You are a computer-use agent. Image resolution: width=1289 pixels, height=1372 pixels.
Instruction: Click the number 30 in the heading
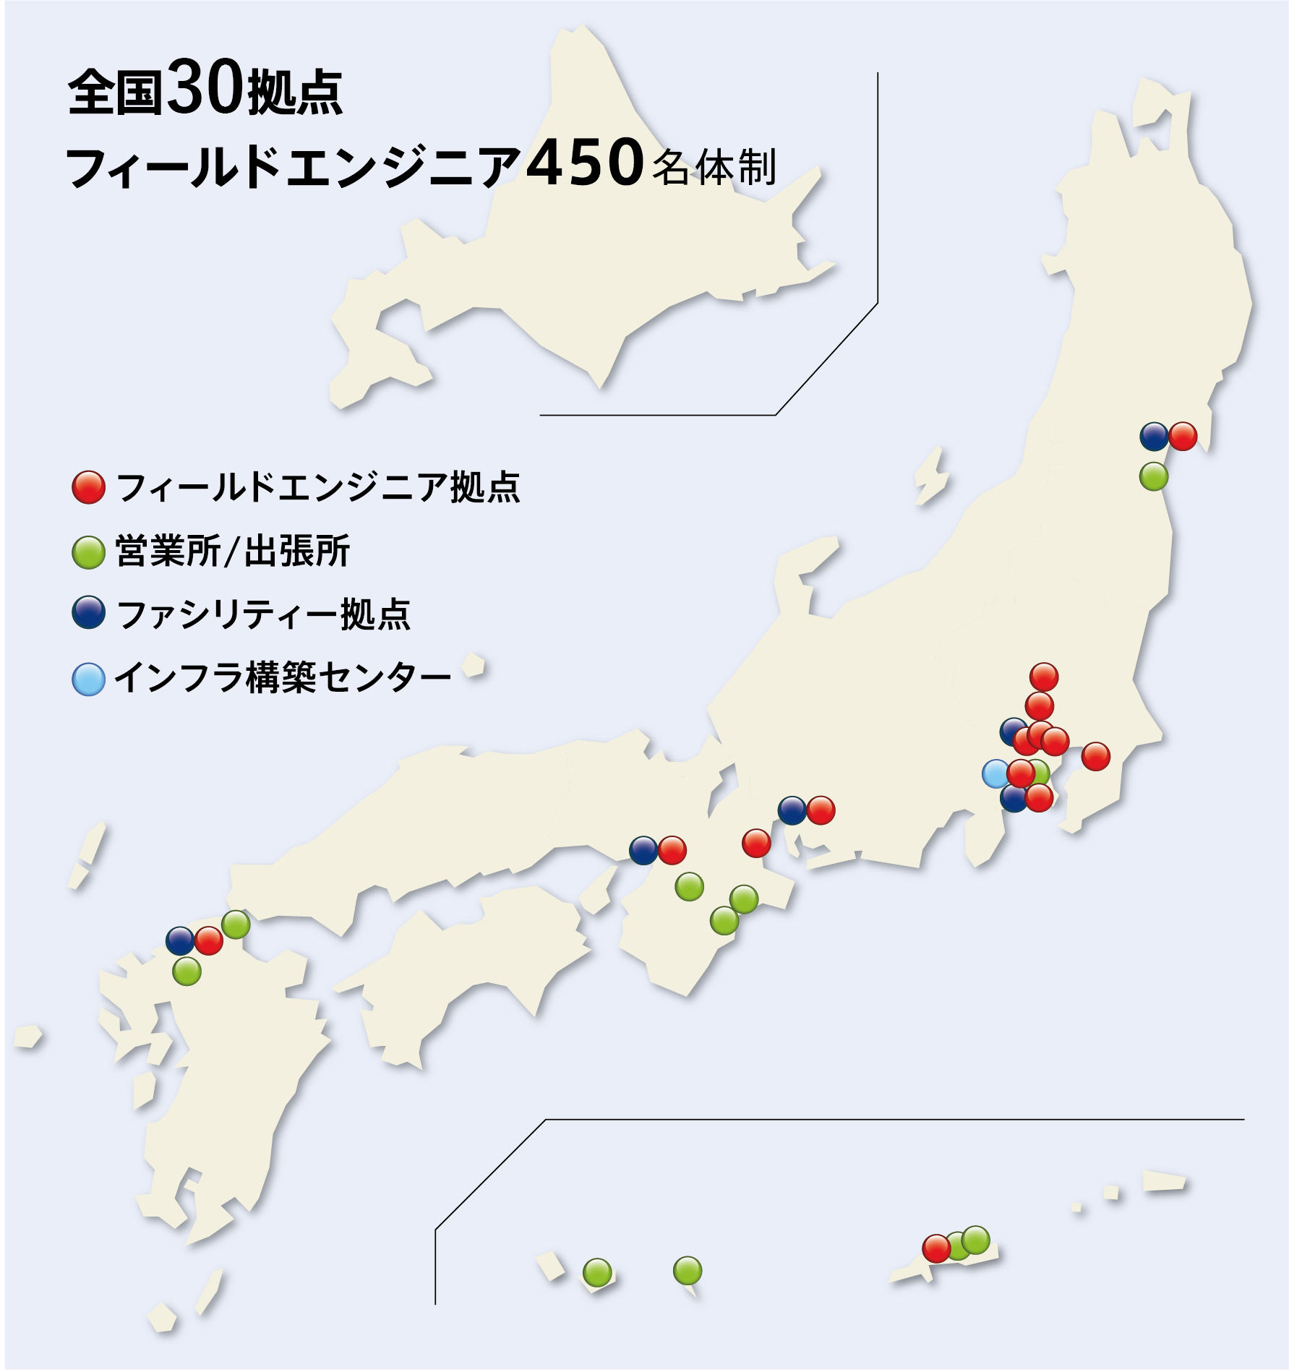(205, 88)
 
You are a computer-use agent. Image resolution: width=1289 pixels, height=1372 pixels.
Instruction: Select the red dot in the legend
(88, 487)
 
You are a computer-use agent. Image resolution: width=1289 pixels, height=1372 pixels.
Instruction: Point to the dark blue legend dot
(88, 613)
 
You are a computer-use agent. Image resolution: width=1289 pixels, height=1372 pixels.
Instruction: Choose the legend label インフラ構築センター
(283, 678)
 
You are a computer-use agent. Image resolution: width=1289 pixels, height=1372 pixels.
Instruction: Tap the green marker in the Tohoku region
(1154, 476)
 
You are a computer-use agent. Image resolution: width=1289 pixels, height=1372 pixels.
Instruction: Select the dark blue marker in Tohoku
(1154, 436)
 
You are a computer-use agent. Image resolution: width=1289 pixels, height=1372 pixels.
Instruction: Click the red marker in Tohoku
(1183, 436)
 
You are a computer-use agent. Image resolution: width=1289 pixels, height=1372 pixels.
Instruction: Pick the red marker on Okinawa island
(936, 1248)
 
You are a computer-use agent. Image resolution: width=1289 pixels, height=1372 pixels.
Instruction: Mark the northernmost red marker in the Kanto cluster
(1044, 677)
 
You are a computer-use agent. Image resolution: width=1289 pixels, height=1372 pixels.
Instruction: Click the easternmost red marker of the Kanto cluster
(1095, 756)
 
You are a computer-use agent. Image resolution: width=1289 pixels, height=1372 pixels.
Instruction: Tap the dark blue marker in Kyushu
(180, 940)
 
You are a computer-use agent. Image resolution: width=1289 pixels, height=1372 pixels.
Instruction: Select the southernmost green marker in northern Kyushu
(187, 972)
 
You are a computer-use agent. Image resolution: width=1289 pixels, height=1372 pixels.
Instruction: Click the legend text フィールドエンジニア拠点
(318, 487)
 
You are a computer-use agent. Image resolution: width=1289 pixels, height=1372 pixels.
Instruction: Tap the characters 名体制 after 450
(714, 167)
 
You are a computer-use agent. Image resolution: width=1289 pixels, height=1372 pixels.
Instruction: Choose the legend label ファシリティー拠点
(263, 614)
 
